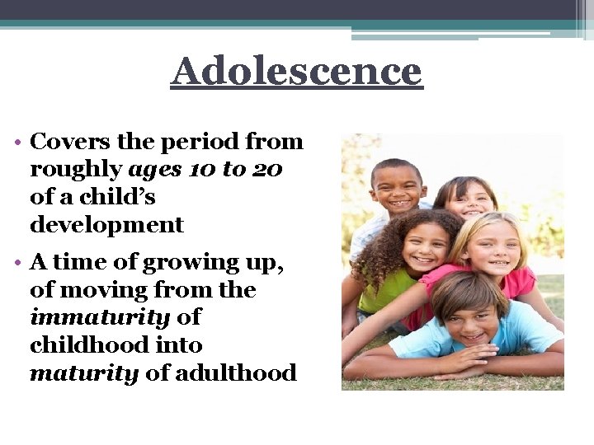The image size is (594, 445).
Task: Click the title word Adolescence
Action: pos(296,72)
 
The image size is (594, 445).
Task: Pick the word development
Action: pos(106,224)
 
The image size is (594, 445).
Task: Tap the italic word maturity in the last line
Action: pos(84,373)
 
